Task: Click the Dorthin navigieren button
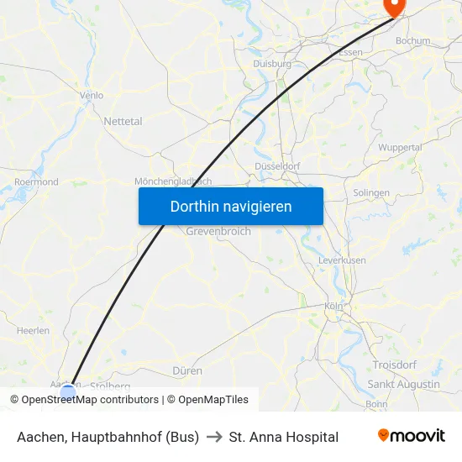pos(231,206)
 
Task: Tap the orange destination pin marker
pos(393,6)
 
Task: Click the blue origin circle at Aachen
pos(68,391)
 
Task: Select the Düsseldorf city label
pos(277,166)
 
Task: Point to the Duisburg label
pos(271,63)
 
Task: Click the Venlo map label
pos(91,95)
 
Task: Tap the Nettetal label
pos(123,121)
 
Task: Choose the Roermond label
pos(36,181)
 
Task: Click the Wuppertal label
pos(400,147)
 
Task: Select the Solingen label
pos(371,192)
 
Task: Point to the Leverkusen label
pos(342,260)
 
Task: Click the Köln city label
pos(333,307)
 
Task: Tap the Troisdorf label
pos(394,365)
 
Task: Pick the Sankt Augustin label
pos(403,384)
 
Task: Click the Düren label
pos(186,370)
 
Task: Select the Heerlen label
pos(33,331)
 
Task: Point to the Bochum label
pos(412,40)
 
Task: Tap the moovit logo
pos(411,436)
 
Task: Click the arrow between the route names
pos(213,437)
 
